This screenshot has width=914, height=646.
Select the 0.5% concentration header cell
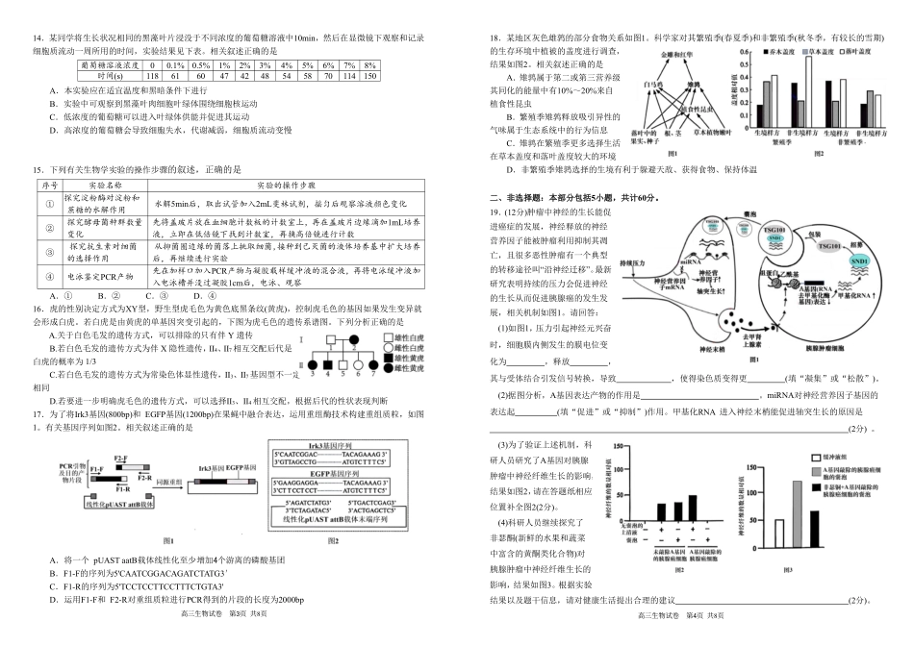200,63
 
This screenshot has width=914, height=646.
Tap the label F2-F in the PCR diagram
120,458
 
